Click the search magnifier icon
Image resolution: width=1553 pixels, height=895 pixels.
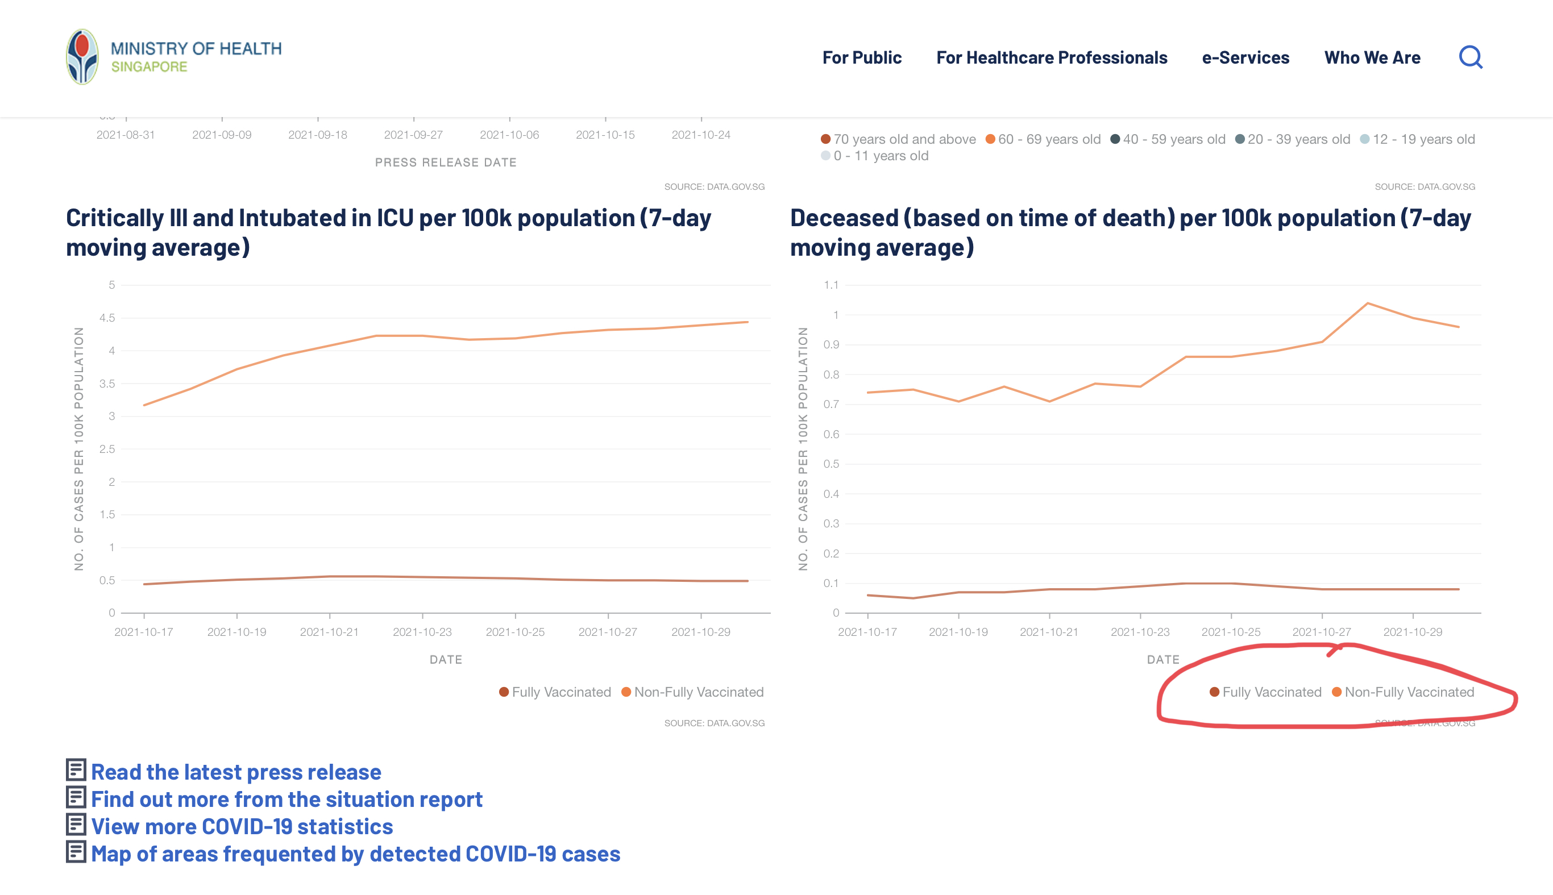(1470, 57)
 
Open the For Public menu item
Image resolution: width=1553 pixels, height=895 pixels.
(861, 58)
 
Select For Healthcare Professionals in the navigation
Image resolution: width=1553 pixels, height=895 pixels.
(1051, 58)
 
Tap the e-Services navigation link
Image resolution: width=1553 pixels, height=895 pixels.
(1245, 58)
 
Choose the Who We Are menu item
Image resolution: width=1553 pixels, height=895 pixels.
(1372, 58)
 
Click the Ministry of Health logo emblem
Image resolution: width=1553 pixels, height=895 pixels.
(82, 57)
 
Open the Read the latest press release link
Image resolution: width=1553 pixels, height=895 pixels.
(235, 772)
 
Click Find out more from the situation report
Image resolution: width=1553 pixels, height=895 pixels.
(286, 799)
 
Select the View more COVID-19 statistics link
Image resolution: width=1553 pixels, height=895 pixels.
(242, 826)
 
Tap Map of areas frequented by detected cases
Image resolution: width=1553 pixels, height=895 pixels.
(355, 854)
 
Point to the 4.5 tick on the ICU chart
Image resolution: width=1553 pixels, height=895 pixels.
(107, 318)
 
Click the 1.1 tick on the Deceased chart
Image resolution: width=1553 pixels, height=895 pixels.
(831, 285)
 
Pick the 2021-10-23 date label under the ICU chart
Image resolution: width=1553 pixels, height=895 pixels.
(422, 632)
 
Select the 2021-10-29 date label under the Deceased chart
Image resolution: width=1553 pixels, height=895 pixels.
(1412, 632)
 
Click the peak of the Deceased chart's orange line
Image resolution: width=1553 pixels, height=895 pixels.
(1367, 303)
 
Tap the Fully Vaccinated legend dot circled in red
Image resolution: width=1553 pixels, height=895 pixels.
(1214, 692)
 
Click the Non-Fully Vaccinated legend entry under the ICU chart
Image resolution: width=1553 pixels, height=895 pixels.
(692, 692)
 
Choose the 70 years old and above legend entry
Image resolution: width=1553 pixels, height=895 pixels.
(898, 140)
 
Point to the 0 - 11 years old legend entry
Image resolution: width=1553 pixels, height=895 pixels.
(874, 156)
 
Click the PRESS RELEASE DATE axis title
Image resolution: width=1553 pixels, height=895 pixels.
(446, 163)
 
